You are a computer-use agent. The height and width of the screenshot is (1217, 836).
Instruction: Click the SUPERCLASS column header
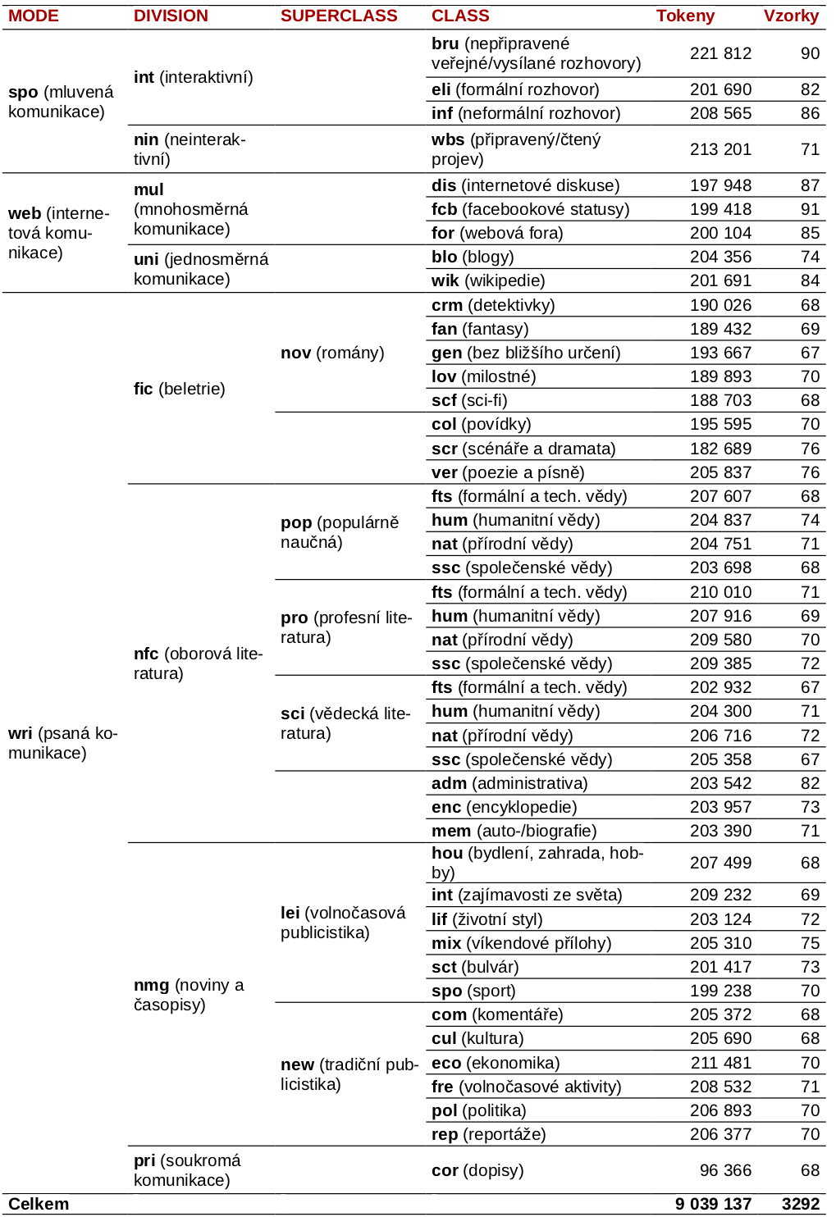click(x=338, y=16)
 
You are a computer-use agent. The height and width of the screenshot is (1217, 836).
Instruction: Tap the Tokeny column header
click(x=685, y=16)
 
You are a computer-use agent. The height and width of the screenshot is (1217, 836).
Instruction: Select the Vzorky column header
click(x=791, y=16)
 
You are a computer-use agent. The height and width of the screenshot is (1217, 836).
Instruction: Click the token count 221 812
click(x=720, y=53)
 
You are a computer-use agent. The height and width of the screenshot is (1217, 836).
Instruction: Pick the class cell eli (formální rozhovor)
click(x=515, y=89)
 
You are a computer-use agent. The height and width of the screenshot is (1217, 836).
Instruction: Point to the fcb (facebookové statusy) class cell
click(x=530, y=209)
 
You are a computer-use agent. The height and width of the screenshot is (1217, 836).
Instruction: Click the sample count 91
click(x=810, y=209)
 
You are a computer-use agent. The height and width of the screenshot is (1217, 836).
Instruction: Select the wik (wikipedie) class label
click(x=488, y=280)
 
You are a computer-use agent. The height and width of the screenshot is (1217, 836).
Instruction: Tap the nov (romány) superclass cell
click(x=332, y=353)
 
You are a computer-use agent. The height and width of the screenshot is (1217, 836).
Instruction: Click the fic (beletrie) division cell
click(x=179, y=389)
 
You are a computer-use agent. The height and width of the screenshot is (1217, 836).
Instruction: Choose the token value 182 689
click(x=720, y=449)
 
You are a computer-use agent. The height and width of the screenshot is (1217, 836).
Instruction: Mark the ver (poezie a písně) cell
click(x=508, y=472)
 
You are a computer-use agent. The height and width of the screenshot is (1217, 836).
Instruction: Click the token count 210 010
click(x=720, y=592)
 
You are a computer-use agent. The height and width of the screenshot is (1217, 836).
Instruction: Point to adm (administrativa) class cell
click(x=509, y=783)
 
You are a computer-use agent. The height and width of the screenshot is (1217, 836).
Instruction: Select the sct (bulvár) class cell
click(x=475, y=967)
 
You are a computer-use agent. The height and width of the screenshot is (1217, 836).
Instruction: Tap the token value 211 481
click(x=720, y=1063)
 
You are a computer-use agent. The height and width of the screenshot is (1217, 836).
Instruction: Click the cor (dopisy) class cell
click(x=477, y=1170)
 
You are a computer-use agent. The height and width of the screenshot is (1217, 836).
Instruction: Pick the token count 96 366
click(x=725, y=1170)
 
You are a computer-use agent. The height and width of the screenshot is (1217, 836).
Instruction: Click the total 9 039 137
click(x=713, y=1204)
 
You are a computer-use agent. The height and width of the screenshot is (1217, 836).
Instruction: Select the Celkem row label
click(x=39, y=1204)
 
